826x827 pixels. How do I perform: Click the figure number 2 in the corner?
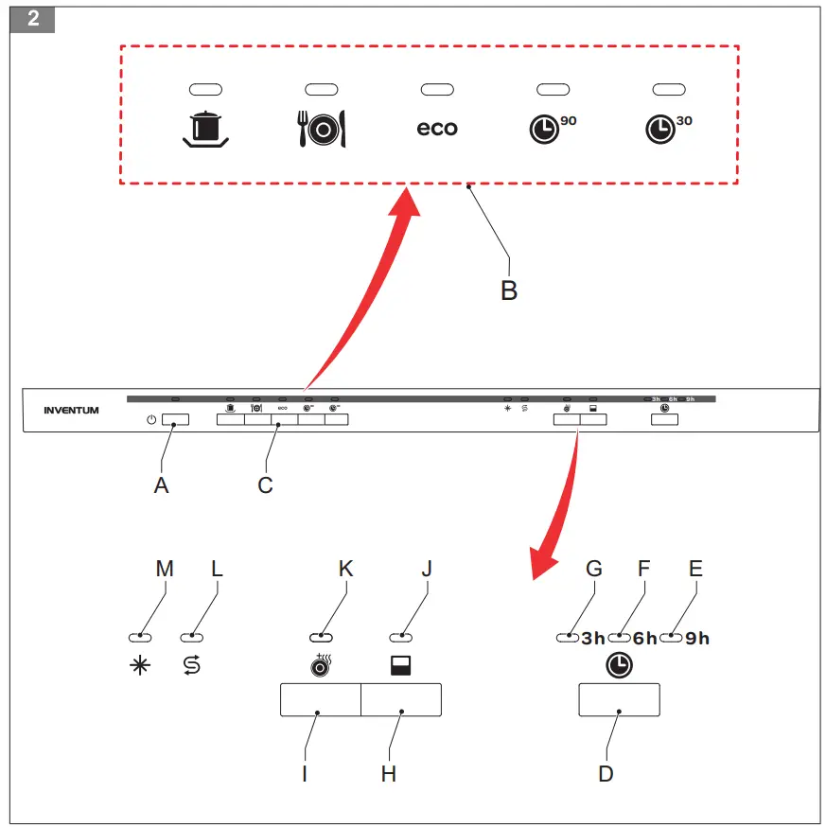pyautogui.click(x=34, y=19)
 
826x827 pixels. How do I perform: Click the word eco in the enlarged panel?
pyautogui.click(x=437, y=129)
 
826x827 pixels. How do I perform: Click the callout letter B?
pyautogui.click(x=509, y=290)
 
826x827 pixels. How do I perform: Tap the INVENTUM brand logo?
pyautogui.click(x=71, y=411)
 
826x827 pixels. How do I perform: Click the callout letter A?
pyautogui.click(x=161, y=484)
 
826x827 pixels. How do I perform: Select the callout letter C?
pyautogui.click(x=265, y=484)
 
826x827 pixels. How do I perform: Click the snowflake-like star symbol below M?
pyautogui.click(x=139, y=665)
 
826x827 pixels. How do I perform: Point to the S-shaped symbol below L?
pyautogui.click(x=191, y=665)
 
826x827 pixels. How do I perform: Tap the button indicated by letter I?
pyautogui.click(x=320, y=699)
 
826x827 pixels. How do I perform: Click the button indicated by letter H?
pyautogui.click(x=401, y=699)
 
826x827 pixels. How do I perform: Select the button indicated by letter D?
pyautogui.click(x=619, y=699)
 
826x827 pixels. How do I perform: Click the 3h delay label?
pyautogui.click(x=593, y=639)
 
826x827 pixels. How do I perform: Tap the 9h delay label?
pyautogui.click(x=697, y=639)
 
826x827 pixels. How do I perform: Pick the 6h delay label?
pyautogui.click(x=644, y=639)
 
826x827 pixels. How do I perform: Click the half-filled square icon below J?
pyautogui.click(x=400, y=667)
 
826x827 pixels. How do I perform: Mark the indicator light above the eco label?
pyautogui.click(x=437, y=88)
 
